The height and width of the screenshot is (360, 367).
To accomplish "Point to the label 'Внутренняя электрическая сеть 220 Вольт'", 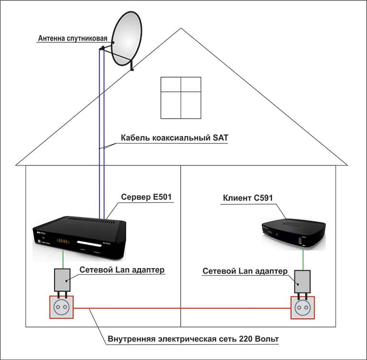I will [193, 339].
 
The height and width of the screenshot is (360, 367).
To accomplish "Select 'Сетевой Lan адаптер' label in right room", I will [245, 271].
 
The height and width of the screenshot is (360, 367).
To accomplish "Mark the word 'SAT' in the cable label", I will [219, 138].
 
